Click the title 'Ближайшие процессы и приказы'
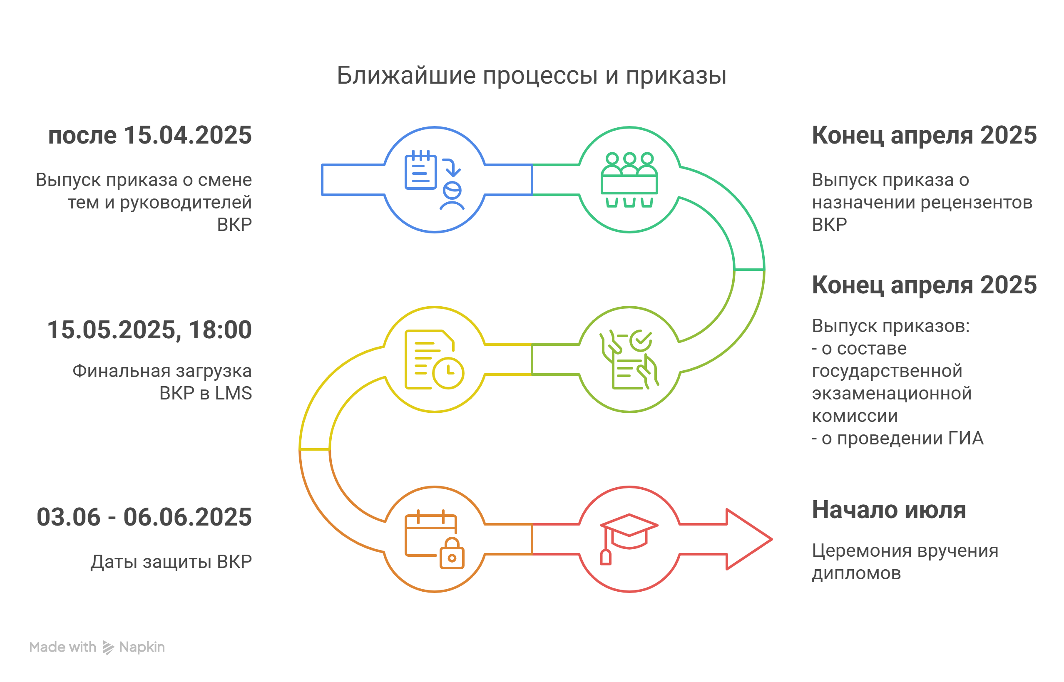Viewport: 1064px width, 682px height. [531, 75]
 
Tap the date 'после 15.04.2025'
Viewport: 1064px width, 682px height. [150, 135]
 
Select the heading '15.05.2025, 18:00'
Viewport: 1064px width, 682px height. [149, 330]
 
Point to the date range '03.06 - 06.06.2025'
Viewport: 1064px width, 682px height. [144, 517]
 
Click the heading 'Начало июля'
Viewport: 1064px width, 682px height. [889, 510]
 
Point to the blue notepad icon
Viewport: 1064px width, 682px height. [420, 170]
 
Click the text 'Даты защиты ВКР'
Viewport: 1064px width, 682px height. [171, 562]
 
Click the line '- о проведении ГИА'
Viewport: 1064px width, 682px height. [897, 439]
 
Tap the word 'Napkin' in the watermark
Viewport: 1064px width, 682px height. [142, 647]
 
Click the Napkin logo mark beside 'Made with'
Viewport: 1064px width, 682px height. [108, 647]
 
